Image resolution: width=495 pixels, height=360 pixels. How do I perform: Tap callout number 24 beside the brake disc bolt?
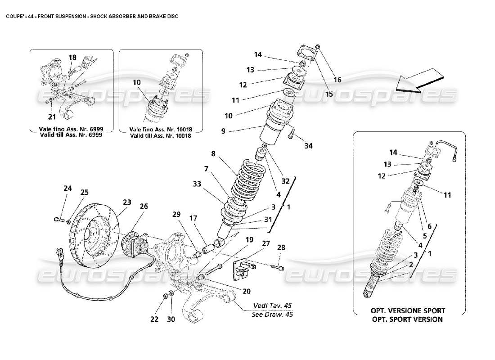tap(68, 189)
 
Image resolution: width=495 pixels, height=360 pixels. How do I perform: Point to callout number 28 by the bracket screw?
tap(281, 247)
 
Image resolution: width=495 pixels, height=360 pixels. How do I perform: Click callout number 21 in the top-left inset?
tap(52, 117)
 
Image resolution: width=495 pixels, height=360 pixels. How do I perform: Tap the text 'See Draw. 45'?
tap(272, 315)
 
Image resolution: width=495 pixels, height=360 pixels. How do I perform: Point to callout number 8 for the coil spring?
tap(213, 153)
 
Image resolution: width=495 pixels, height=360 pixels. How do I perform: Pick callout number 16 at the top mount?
tap(337, 80)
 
